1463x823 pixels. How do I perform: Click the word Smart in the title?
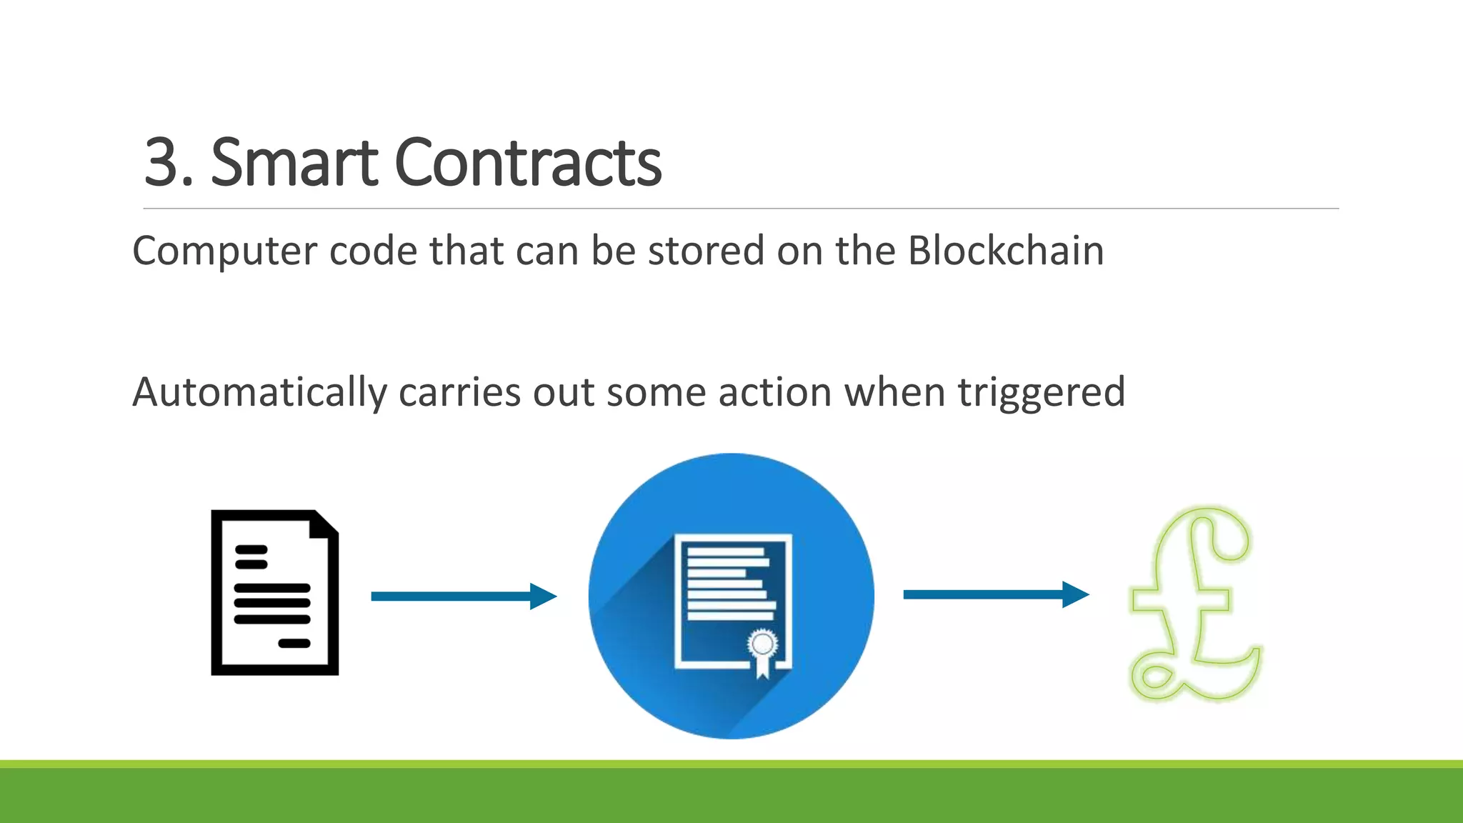[294, 164]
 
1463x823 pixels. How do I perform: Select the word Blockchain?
[1006, 251]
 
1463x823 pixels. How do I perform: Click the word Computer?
[225, 252]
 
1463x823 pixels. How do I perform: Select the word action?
[775, 393]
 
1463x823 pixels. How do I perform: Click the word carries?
[459, 393]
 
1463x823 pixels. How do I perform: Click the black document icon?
[275, 592]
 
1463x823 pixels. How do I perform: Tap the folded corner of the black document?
[325, 524]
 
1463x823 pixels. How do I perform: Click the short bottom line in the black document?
[294, 643]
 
